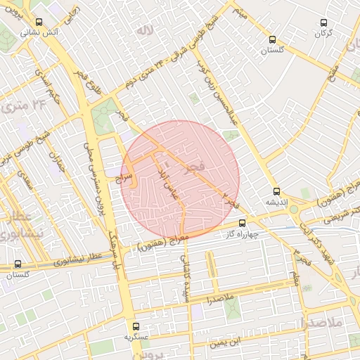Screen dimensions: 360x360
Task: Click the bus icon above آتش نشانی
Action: [38, 22]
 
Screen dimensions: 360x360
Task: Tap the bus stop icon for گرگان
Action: [324, 23]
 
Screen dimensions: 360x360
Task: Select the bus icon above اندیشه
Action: [276, 191]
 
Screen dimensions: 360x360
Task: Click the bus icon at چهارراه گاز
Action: [243, 223]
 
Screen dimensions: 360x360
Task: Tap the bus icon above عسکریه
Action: [136, 326]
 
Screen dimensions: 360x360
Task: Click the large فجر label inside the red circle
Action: [194, 167]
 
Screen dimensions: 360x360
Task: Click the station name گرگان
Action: [324, 33]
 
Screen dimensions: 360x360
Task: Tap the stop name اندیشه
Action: [276, 201]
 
